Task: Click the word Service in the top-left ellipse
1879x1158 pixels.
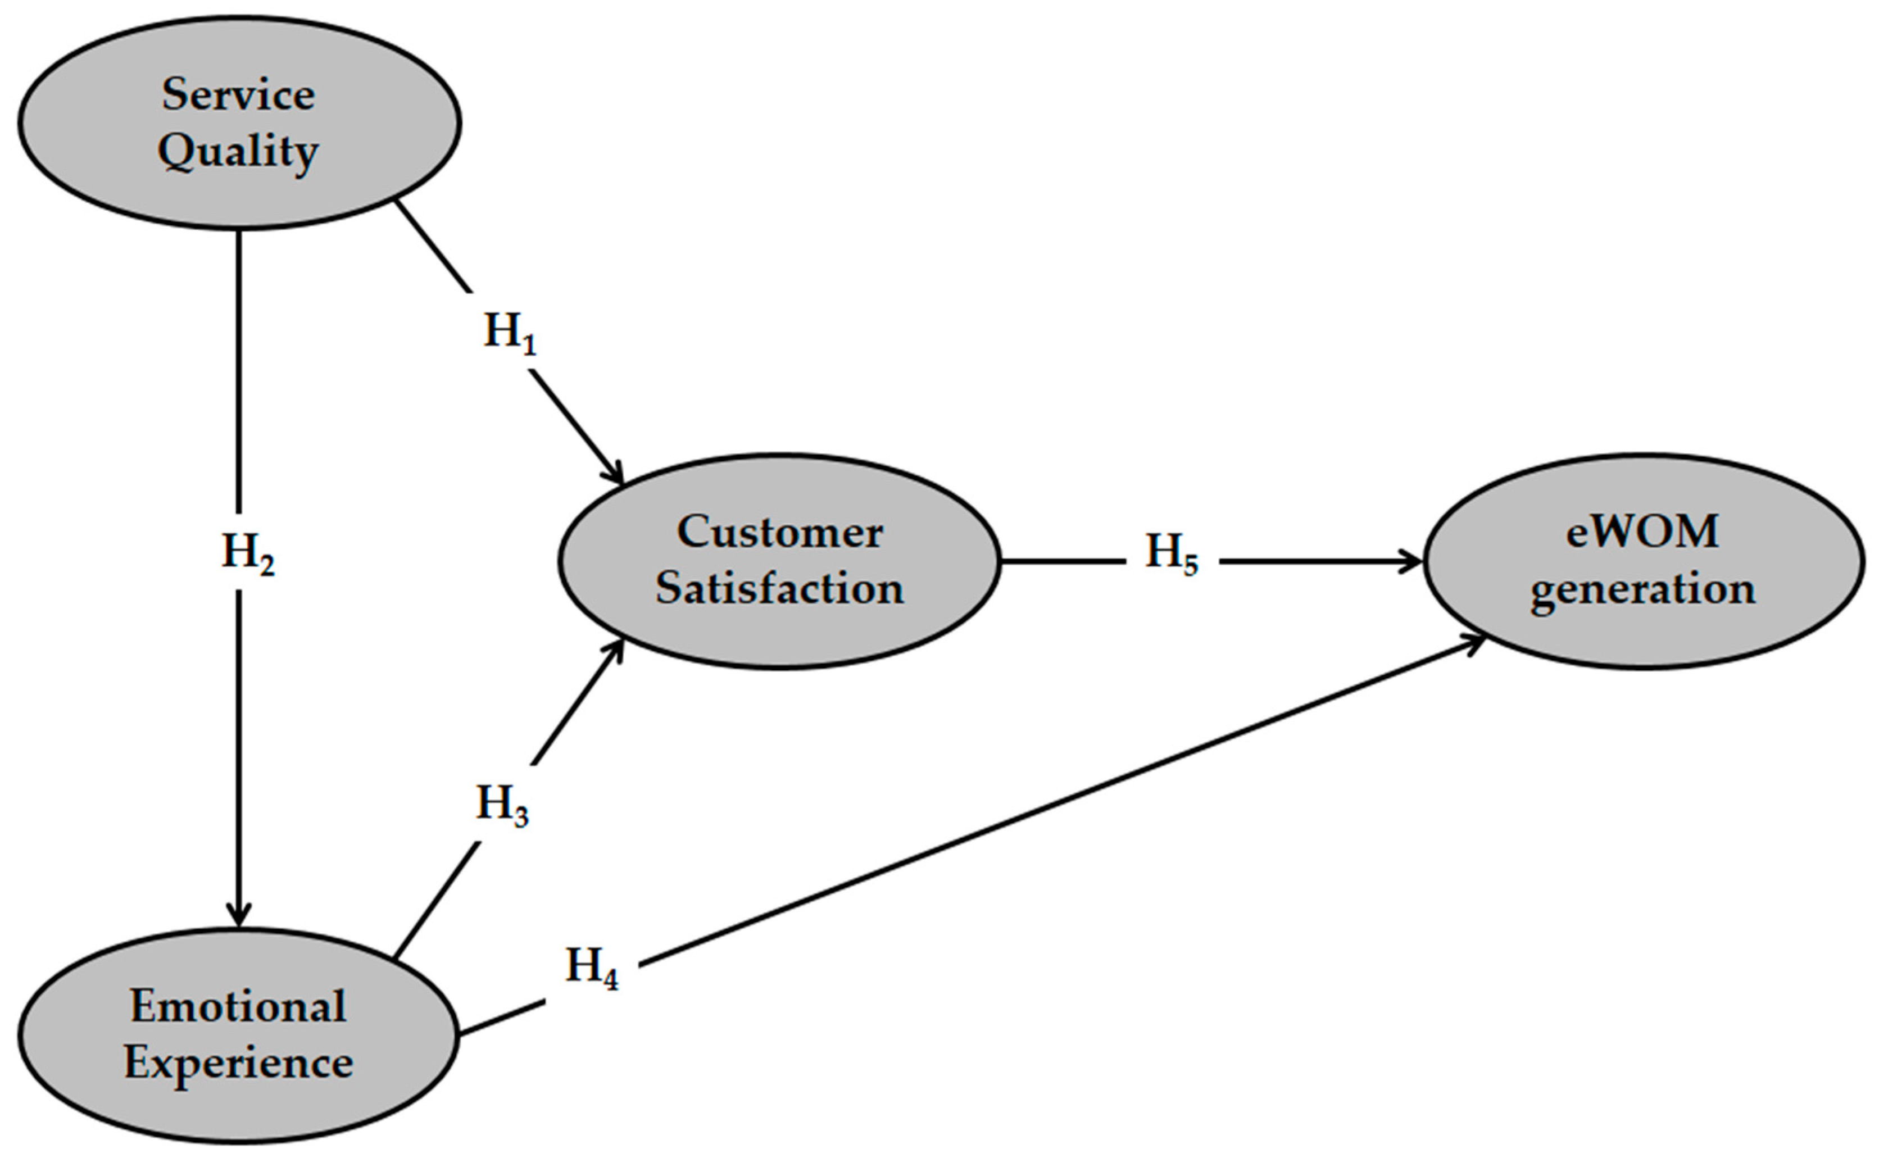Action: (x=238, y=95)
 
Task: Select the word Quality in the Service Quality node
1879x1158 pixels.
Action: (x=238, y=152)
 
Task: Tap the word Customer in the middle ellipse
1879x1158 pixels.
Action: (x=779, y=532)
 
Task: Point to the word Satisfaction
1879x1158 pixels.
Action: (x=779, y=588)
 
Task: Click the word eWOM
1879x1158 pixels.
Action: (x=1642, y=532)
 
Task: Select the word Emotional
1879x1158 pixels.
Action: (x=238, y=1006)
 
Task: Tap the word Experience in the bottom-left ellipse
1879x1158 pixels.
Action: (x=238, y=1063)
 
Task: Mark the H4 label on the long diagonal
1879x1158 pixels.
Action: (x=591, y=968)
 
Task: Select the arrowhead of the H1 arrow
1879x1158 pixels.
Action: (x=616, y=475)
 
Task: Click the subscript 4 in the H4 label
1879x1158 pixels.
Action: (x=610, y=979)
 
